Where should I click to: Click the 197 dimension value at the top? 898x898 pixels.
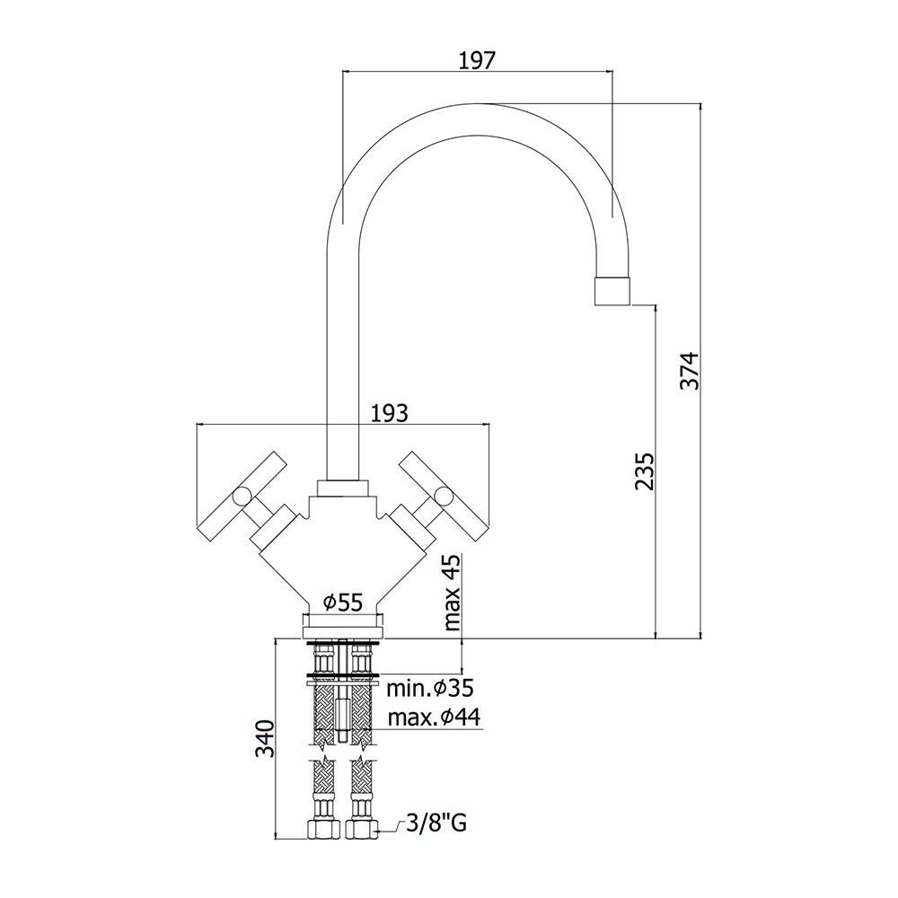coord(477,59)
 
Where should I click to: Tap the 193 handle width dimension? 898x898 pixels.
coord(391,412)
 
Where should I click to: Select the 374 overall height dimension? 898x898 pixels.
coord(690,371)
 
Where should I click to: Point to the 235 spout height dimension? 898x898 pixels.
coord(644,471)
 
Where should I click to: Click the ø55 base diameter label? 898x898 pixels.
coord(343,602)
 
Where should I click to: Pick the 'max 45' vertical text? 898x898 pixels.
coord(452,592)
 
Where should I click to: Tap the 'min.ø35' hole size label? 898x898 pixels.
coord(430,688)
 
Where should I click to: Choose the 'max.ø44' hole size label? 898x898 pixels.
coord(434,717)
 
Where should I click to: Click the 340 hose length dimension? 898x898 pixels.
coord(265,738)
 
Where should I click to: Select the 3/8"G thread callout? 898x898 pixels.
coord(436,823)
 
